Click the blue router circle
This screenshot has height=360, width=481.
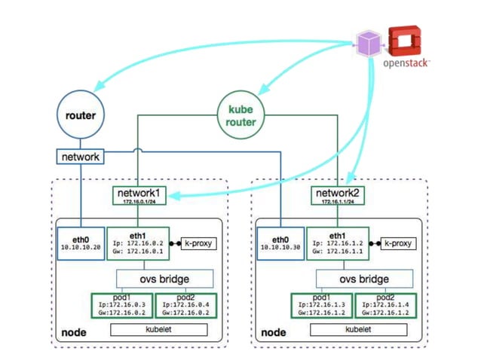(79, 116)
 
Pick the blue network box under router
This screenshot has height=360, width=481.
(79, 157)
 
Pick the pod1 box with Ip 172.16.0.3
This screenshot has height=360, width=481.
(122, 304)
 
